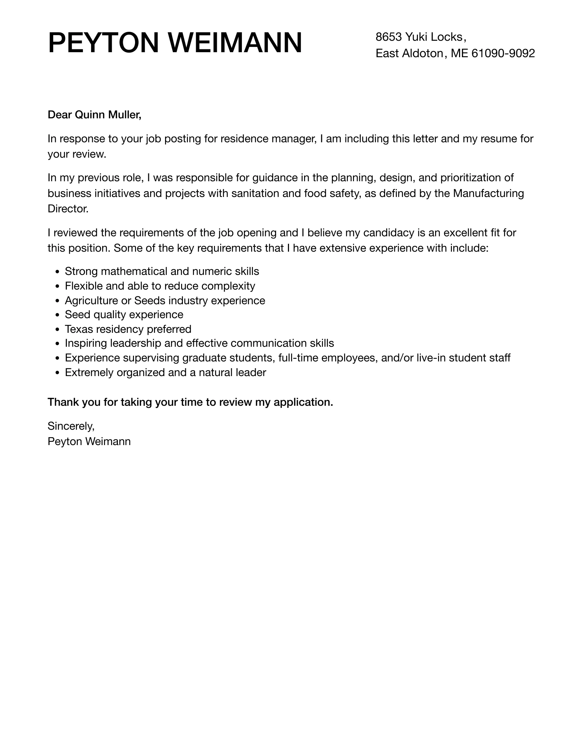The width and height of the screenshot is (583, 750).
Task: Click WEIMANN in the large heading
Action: pos(235,43)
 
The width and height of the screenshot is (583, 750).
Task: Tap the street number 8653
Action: pos(389,37)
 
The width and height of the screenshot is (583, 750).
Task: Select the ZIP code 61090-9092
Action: pos(503,53)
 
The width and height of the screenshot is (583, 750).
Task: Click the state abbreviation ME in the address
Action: pos(459,53)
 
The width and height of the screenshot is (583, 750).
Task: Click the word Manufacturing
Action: pos(488,193)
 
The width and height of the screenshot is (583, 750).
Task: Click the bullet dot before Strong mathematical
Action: pos(58,272)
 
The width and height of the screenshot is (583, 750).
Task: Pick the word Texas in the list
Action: pos(79,329)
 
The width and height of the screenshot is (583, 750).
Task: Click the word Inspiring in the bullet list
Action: pos(86,344)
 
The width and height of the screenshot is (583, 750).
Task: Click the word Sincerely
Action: pos(71,426)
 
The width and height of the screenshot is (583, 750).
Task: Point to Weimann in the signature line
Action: pos(108,441)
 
